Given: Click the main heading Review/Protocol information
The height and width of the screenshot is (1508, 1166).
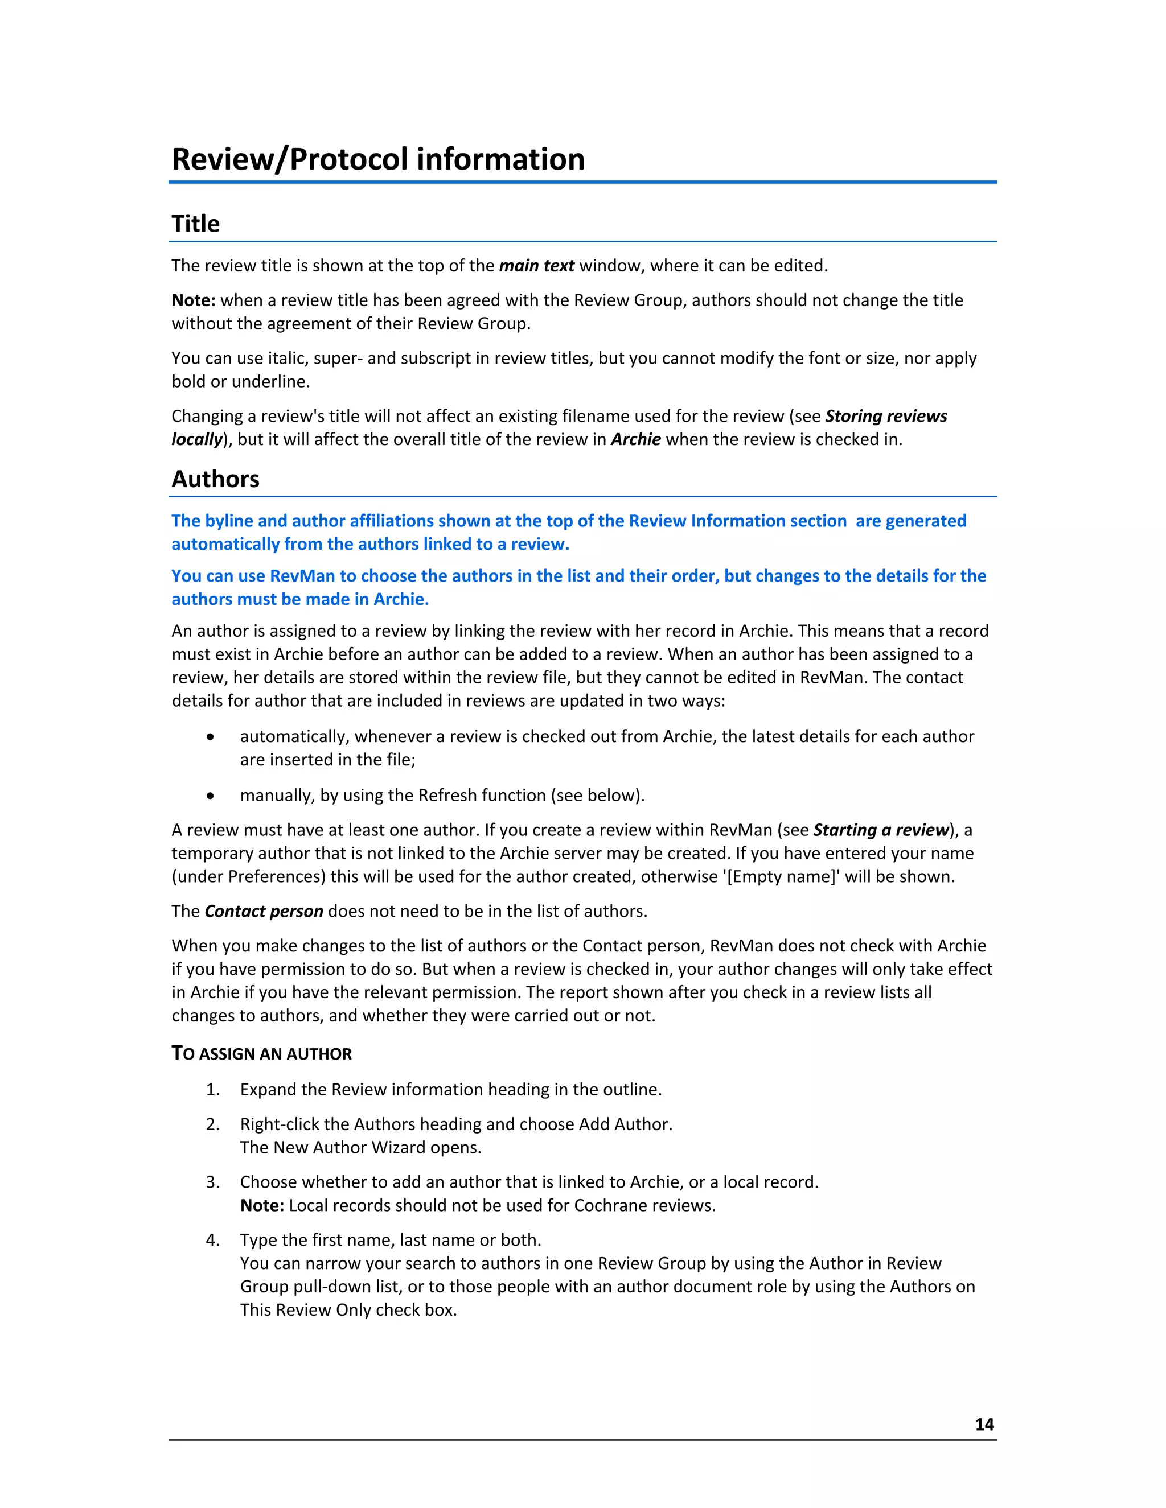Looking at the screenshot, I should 378,159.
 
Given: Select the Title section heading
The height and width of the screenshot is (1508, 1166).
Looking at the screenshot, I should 195,224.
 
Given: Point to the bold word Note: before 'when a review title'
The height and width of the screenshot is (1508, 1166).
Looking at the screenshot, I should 194,300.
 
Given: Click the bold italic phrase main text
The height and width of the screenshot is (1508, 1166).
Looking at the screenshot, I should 537,266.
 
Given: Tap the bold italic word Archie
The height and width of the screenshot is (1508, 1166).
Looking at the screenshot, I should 635,440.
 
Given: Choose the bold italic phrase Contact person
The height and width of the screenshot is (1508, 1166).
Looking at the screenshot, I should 264,912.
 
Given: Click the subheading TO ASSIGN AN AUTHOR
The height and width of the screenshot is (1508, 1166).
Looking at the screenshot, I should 262,1054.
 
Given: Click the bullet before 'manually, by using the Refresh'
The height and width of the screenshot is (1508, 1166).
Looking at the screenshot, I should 210,796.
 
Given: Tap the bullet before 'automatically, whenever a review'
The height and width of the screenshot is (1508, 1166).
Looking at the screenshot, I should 210,737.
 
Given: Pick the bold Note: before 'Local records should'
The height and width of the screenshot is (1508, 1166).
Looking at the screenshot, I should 262,1206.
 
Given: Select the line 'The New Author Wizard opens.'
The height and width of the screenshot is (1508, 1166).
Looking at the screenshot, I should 360,1148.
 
